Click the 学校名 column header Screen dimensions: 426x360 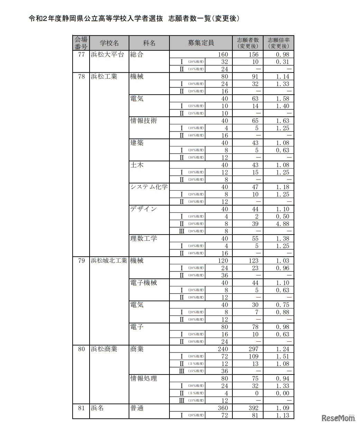tap(109, 43)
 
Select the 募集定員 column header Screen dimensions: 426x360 tap(201, 43)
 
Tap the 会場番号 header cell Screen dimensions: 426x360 tap(81, 43)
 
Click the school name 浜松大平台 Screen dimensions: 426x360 tap(107, 55)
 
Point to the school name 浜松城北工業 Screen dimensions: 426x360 tap(109, 261)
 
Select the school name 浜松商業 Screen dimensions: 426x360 tap(104, 349)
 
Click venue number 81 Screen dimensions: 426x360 tap(81, 408)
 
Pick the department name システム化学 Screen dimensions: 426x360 tap(149, 187)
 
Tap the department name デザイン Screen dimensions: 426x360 tap(144, 209)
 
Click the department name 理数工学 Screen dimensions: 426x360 tap(144, 238)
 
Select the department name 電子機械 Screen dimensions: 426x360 tap(144, 283)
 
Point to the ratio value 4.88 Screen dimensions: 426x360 tap(282, 224)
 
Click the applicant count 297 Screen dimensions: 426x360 tap(253, 349)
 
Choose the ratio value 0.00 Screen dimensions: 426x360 tap(282, 394)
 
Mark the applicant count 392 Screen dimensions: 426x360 tap(253, 408)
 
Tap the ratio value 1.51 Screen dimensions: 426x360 tap(282, 357)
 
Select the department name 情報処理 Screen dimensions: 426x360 tap(144, 379)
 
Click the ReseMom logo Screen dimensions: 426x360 tap(338, 418)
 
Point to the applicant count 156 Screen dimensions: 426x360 tap(253, 55)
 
